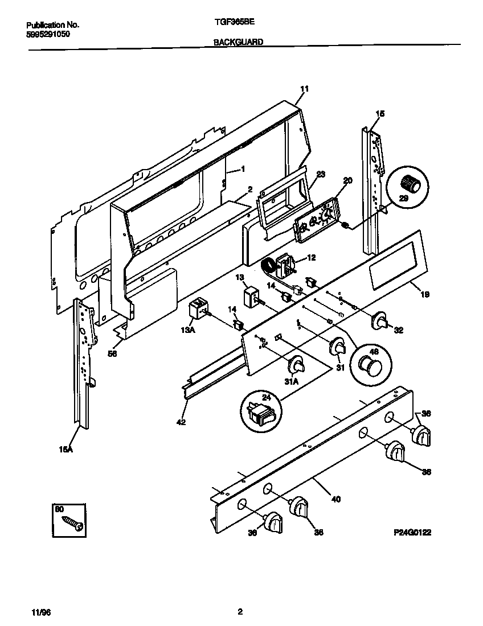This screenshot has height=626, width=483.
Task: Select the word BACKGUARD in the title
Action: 238,42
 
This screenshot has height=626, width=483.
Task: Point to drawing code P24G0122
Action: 412,533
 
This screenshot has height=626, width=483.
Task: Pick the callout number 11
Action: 304,89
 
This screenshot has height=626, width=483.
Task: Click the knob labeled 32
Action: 380,323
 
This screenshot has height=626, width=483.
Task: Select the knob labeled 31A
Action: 297,365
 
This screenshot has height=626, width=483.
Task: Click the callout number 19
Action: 425,295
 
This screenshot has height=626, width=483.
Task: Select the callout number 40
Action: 335,499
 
